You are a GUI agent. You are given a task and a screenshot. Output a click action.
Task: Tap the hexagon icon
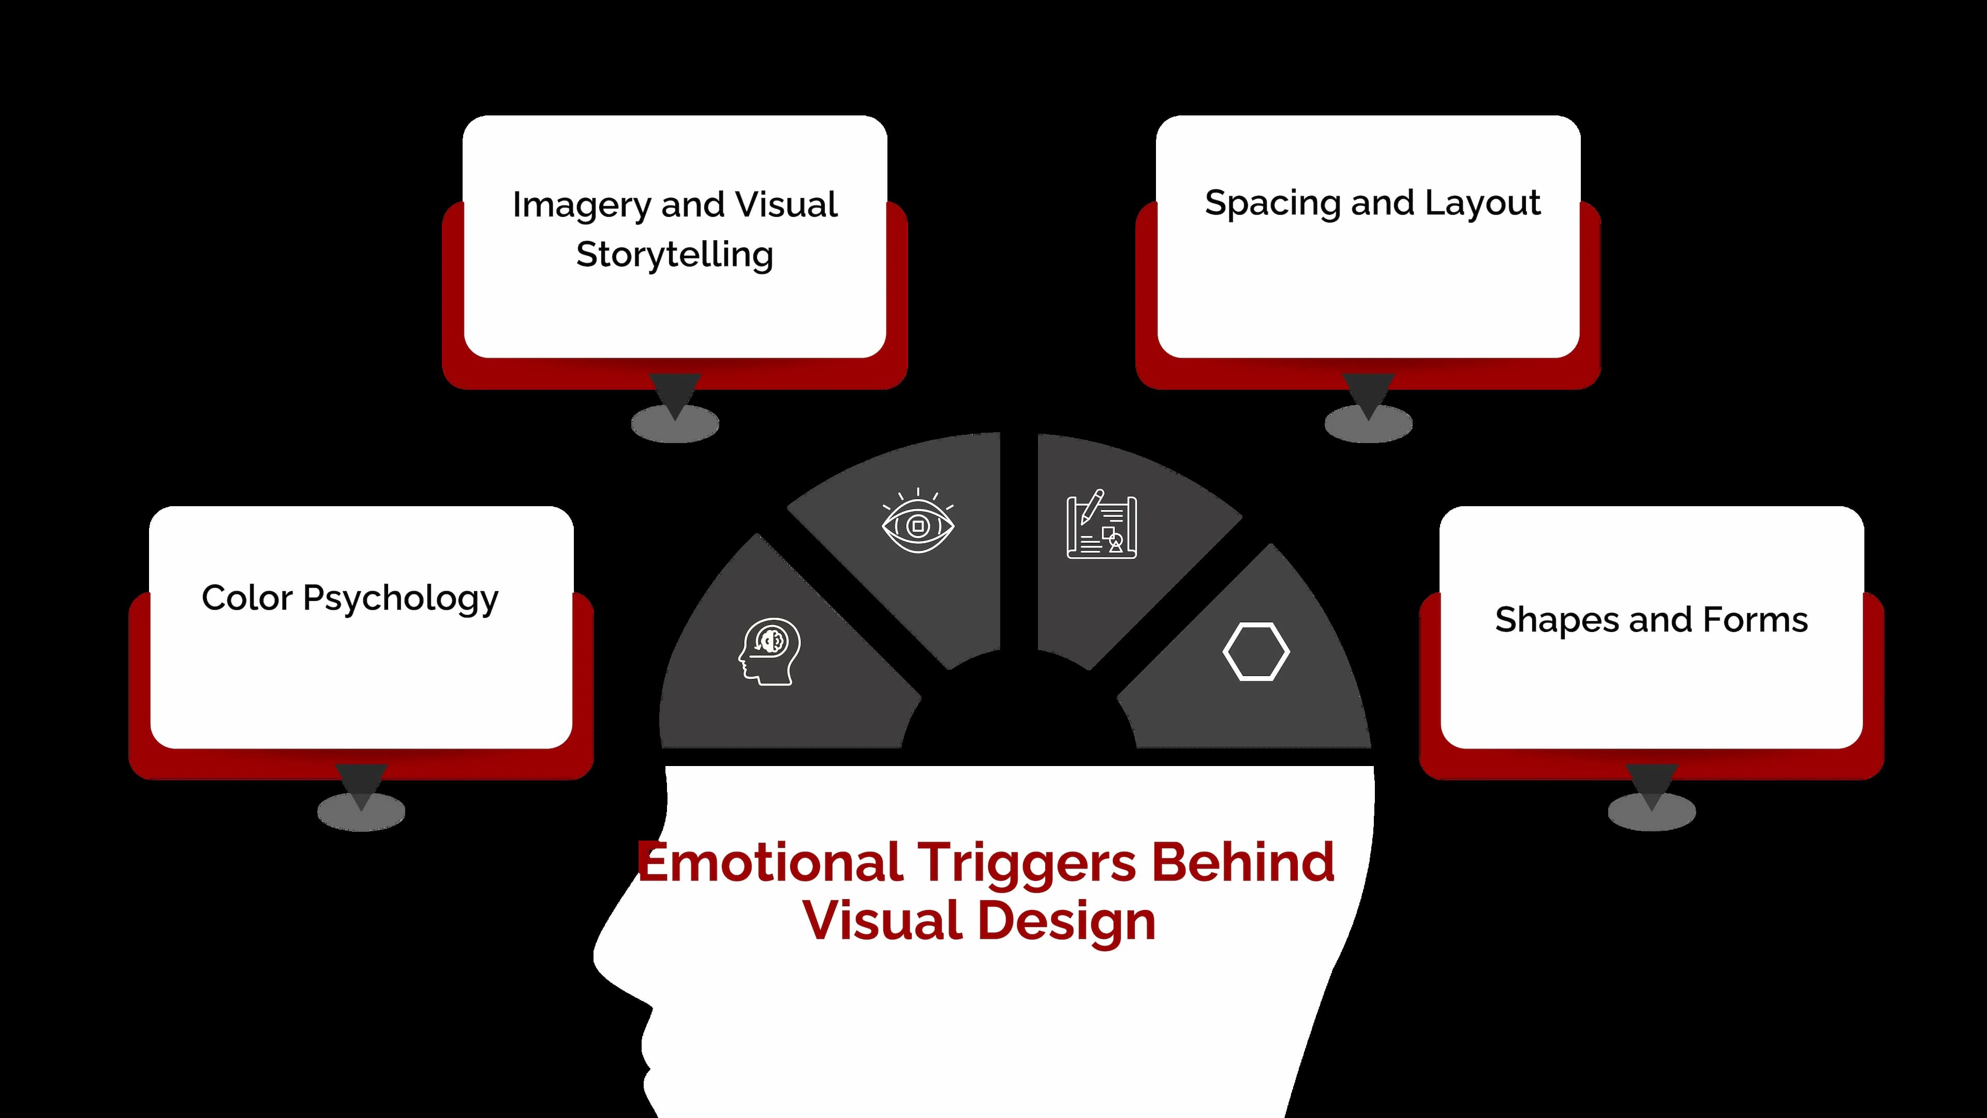[1256, 652]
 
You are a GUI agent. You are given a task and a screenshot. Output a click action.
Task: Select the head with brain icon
[769, 652]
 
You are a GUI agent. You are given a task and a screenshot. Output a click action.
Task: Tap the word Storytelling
[674, 255]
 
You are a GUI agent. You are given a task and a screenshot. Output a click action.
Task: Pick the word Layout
[1482, 203]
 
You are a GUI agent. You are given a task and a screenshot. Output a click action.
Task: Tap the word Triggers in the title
[1026, 863]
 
